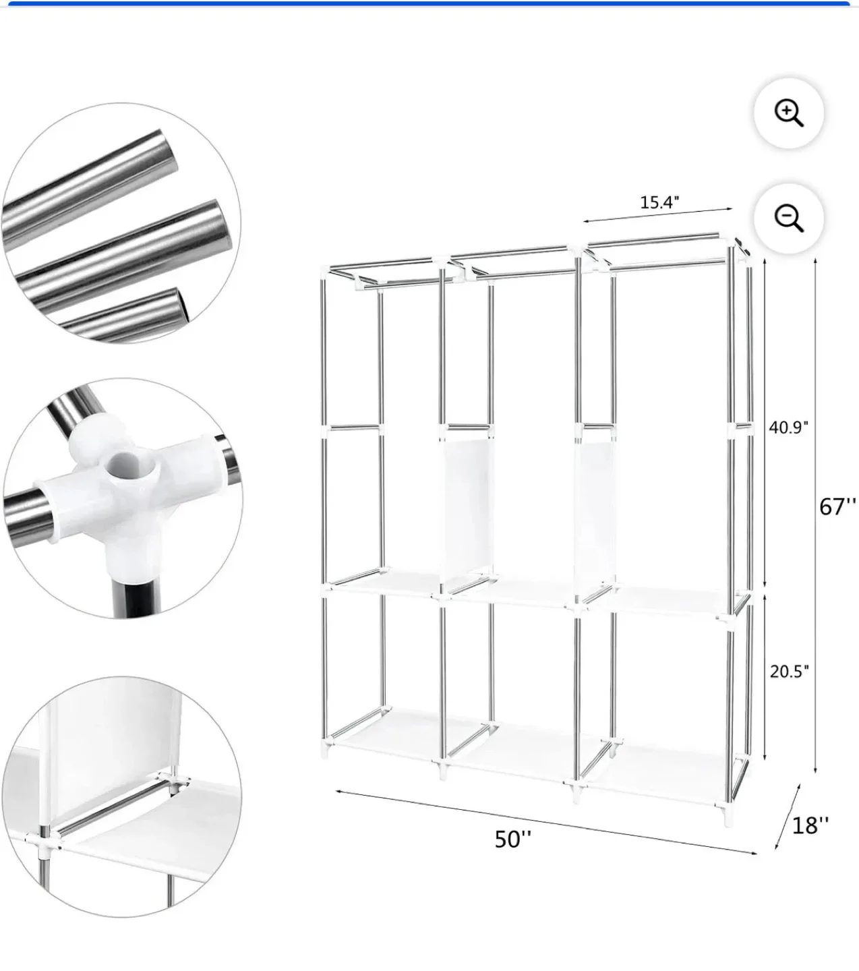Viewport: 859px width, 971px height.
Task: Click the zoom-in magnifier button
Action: (x=788, y=113)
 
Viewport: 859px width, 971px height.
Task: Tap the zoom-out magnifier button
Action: (x=788, y=218)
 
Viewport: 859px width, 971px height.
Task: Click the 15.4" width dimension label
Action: (x=659, y=202)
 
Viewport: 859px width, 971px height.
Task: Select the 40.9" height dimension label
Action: (x=788, y=427)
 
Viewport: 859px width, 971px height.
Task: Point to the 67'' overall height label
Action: (x=837, y=506)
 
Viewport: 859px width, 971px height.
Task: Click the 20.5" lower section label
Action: (x=788, y=671)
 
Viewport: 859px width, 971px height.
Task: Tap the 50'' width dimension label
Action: (x=512, y=839)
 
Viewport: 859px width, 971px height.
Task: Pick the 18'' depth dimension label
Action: (x=810, y=825)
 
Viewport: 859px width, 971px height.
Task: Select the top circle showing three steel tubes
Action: (x=121, y=223)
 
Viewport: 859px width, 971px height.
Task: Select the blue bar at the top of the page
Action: (x=429, y=3)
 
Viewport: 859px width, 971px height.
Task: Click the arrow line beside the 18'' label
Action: (x=787, y=816)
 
